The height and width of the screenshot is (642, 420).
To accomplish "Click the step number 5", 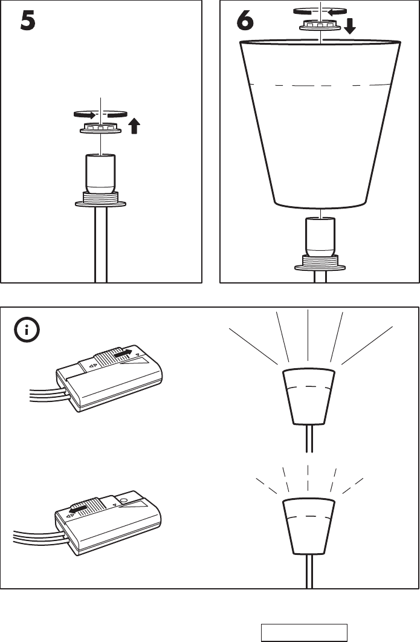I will (x=28, y=22).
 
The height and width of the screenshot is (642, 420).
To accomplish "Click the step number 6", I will (x=245, y=22).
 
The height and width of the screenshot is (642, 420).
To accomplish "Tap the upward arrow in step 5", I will (x=134, y=126).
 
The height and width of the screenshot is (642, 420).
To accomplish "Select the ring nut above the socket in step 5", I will (x=101, y=129).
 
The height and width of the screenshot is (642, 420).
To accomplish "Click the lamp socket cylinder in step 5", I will (x=101, y=172).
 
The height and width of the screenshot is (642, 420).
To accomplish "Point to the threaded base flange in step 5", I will (x=101, y=200).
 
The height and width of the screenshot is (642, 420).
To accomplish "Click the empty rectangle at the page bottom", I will (x=304, y=632).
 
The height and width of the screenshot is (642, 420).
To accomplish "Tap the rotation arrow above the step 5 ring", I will (x=100, y=114).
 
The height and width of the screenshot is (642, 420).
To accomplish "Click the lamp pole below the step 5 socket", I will (x=101, y=248).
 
